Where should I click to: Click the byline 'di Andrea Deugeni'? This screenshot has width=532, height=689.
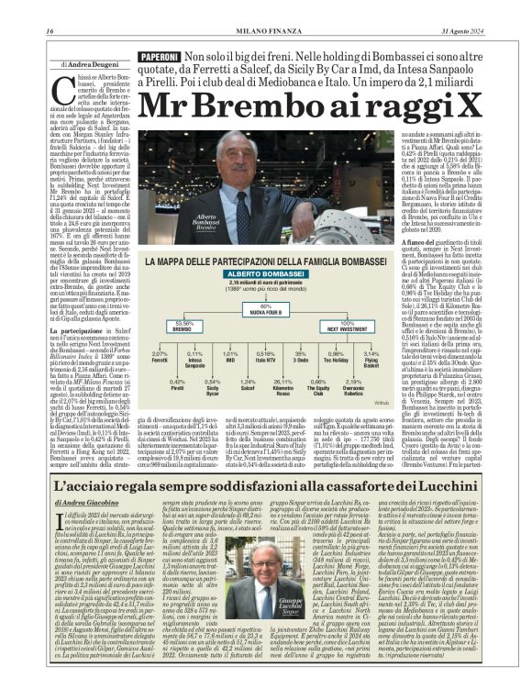[91, 66]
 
